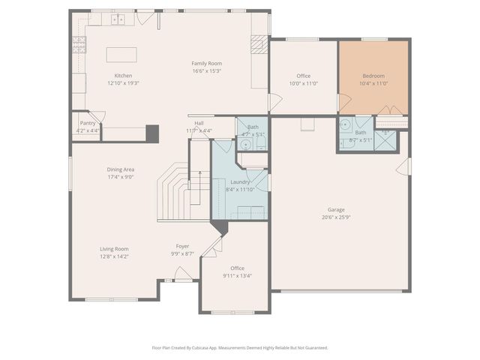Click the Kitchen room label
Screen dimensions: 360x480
click(x=123, y=76)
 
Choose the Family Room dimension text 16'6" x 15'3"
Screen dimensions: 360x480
click(x=206, y=71)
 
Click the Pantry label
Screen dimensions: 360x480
click(x=88, y=123)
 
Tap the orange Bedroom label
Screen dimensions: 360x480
click(x=373, y=76)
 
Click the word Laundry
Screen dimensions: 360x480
click(x=240, y=182)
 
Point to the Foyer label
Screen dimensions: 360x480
click(x=182, y=246)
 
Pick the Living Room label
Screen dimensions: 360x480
click(x=115, y=249)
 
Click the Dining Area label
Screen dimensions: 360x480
click(x=120, y=169)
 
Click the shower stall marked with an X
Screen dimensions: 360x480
click(x=385, y=140)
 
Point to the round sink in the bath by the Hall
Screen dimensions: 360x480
click(x=245, y=144)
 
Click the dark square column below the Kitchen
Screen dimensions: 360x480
click(x=152, y=133)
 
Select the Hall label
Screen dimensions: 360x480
click(x=199, y=123)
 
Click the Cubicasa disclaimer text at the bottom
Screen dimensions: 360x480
click(x=240, y=347)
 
